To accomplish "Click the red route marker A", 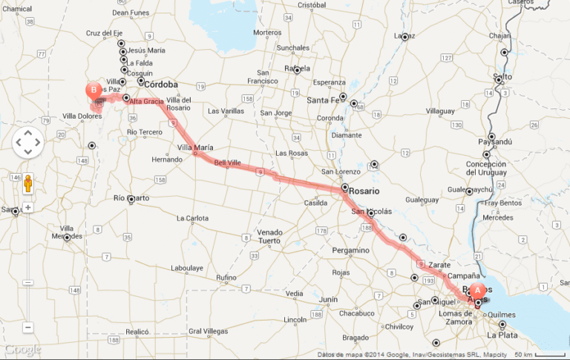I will (x=477, y=290).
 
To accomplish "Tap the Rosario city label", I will (x=368, y=191).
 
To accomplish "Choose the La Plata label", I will (x=502, y=336).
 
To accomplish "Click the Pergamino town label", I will (x=350, y=250).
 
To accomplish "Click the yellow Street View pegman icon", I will (x=27, y=183).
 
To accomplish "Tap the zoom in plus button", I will (x=27, y=207).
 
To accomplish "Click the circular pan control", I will (x=27, y=142).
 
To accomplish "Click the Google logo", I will (x=22, y=350).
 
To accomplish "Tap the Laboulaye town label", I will (x=186, y=267).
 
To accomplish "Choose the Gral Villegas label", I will (x=206, y=331).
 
